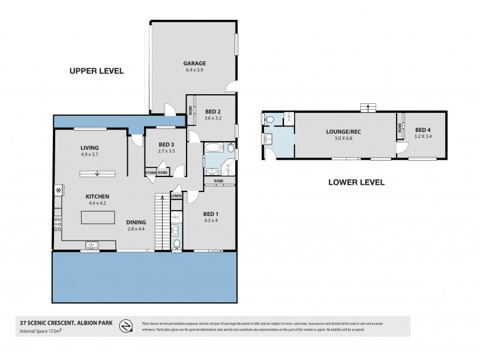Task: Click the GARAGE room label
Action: pos(194,62)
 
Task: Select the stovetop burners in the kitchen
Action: pos(58,224)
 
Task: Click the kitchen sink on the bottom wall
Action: pos(91,244)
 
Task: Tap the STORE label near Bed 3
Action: pos(151,173)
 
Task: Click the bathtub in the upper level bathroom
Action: pos(213,148)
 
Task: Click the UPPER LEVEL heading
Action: pos(96,71)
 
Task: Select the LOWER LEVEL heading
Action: pos(356,182)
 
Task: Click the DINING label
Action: pos(136,221)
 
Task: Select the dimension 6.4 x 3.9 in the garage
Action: pos(194,70)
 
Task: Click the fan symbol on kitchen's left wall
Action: pos(58,191)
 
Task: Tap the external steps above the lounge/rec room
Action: pos(365,107)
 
